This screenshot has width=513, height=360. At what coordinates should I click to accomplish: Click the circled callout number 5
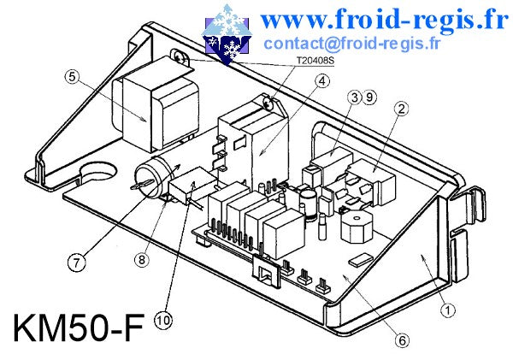coord(72,77)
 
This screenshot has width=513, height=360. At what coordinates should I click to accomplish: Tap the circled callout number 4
coord(322,81)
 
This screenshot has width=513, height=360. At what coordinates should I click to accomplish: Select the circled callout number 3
coord(354,97)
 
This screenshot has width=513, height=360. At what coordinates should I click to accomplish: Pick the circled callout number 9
coord(369,97)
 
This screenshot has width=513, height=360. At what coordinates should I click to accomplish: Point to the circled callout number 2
coord(402,109)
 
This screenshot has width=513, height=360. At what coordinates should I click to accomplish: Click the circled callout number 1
coord(448,310)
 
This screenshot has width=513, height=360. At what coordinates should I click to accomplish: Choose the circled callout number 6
coord(402,340)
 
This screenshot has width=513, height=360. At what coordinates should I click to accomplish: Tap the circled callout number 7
coord(76,263)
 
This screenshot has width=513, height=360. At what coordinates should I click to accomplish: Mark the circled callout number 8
coord(142,260)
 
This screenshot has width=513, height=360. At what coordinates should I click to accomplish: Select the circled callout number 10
coord(163,320)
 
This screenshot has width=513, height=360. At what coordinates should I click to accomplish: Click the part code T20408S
coord(315,61)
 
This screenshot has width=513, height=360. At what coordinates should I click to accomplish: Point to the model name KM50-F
coord(79,328)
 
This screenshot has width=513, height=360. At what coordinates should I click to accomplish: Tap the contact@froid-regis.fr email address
coord(351,44)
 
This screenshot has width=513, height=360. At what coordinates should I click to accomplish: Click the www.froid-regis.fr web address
coord(384,20)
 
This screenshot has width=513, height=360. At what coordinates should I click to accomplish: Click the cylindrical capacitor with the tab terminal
coord(154,177)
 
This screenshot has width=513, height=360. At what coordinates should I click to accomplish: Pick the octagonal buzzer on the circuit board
coord(357,227)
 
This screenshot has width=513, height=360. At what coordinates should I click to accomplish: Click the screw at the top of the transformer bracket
coord(179,57)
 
